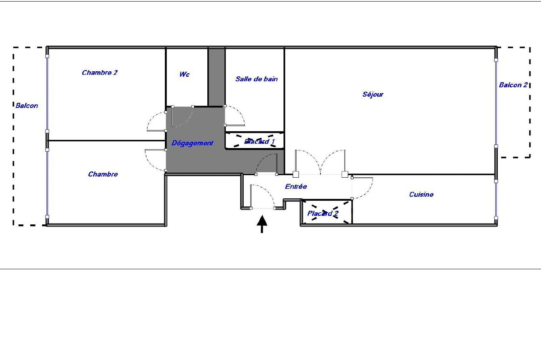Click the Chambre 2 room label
coord(99,72)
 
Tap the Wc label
coord(184,74)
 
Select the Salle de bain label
coord(256,79)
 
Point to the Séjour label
coord(373,94)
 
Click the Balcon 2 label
coord(513,85)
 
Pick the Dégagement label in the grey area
coord(192,143)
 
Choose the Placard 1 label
coord(259,141)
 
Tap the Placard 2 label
coord(323,214)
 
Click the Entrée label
coord(296,186)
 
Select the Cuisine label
coord(421,194)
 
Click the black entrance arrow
coord(262,224)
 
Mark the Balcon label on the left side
coord(27,106)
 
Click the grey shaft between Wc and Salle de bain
coord(216,77)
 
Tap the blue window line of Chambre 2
coord(47,94)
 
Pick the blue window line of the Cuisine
coord(496,200)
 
